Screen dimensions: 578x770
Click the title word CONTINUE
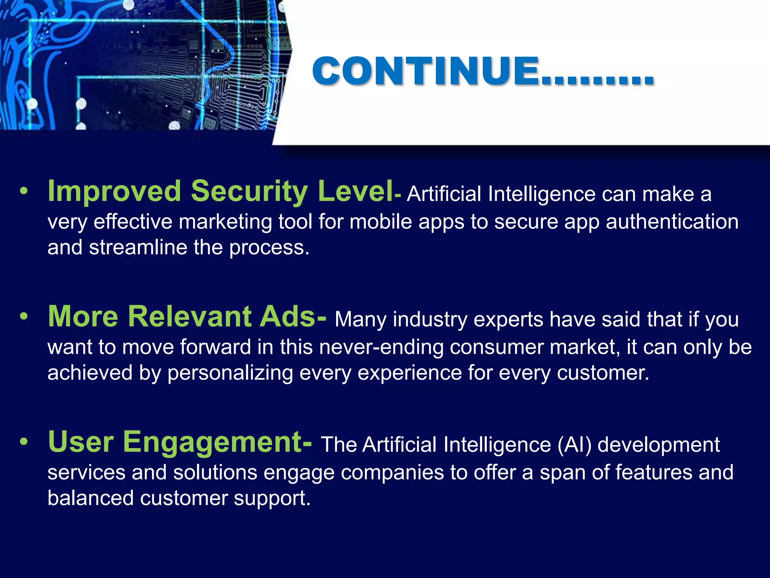coord(425,71)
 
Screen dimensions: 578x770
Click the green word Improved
coord(114,192)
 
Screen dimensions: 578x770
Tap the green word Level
coord(355,192)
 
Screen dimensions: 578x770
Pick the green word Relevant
coord(189,316)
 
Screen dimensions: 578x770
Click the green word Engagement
coord(213,442)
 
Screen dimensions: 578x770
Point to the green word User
coord(81,442)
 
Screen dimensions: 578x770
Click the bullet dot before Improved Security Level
coord(24,192)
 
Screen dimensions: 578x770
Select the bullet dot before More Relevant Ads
coord(24,317)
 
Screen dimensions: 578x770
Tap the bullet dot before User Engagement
coord(24,443)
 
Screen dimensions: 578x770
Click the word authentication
coord(672,222)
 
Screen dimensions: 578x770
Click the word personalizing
coord(230,373)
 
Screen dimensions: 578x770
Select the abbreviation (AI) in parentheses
coord(574,445)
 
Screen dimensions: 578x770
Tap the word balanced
coord(91,498)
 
